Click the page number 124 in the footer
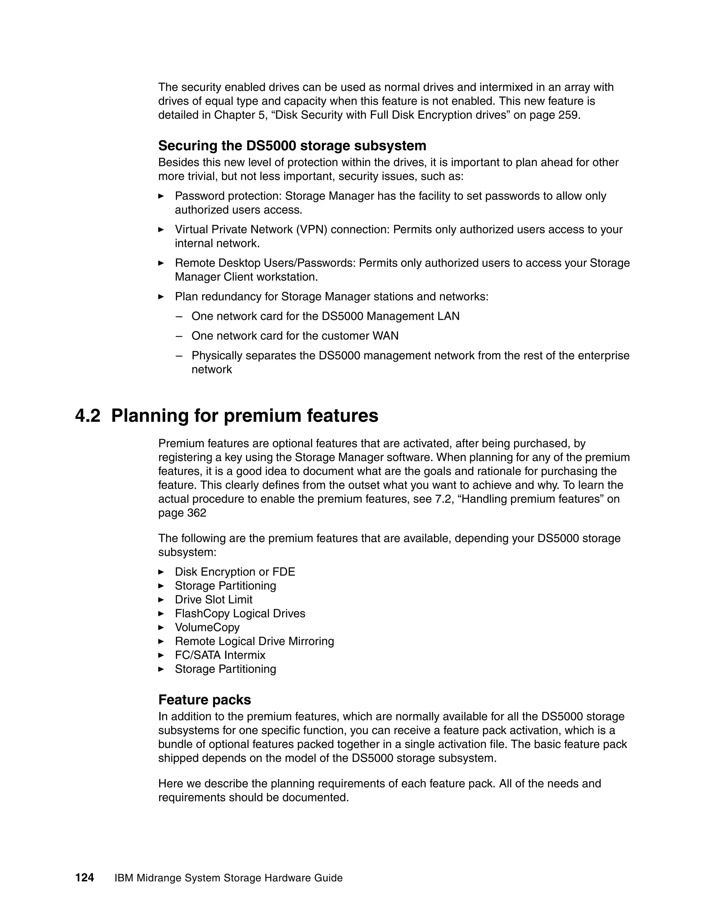84,877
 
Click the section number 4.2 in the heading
88,415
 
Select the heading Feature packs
204,700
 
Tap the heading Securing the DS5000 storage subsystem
292,146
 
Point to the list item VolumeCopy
207,627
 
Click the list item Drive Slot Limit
214,599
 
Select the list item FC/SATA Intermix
220,655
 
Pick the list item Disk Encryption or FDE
234,572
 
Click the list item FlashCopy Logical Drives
240,613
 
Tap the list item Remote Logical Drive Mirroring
254,641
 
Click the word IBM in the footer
124,878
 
